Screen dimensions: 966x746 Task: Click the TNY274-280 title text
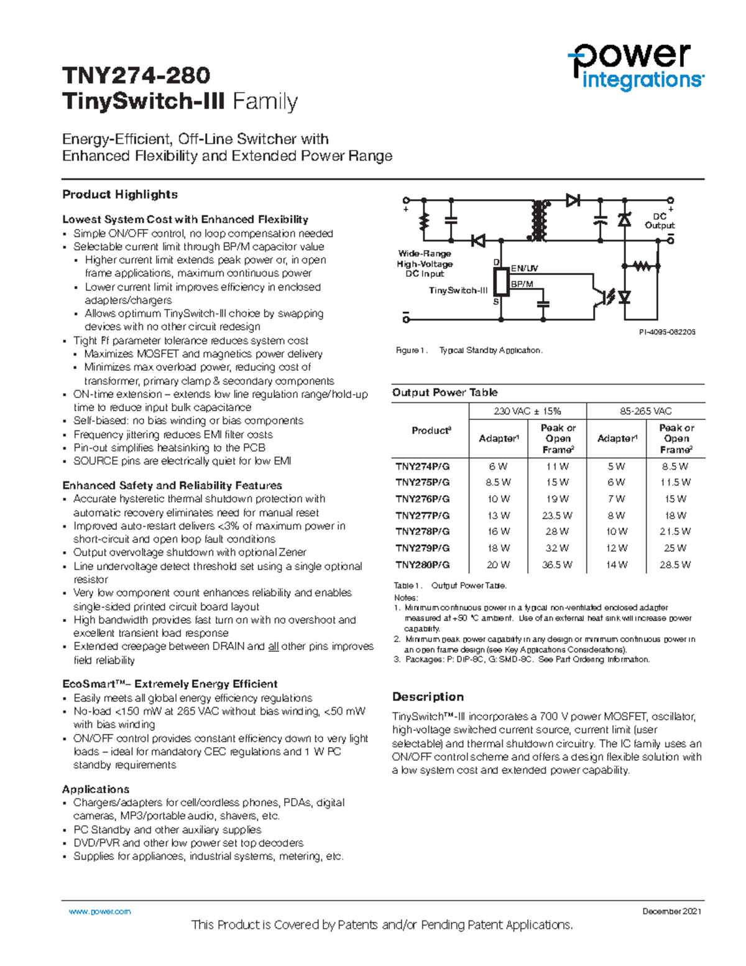(x=136, y=75)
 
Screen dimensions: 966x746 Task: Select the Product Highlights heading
(x=120, y=195)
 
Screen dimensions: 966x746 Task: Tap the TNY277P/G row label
(x=422, y=515)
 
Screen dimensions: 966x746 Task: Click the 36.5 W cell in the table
(x=557, y=565)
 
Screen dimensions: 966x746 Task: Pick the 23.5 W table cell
(x=557, y=515)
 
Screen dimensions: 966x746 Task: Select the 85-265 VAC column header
(x=645, y=411)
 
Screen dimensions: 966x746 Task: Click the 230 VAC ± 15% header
(x=527, y=411)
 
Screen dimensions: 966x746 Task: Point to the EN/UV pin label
(x=524, y=268)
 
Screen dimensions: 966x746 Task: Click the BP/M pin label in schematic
(x=522, y=284)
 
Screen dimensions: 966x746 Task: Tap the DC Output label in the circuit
(x=660, y=221)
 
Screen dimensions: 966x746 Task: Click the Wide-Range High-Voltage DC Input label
(x=425, y=264)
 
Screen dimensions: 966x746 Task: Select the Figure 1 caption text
(x=469, y=351)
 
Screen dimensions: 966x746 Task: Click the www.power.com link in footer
(x=99, y=911)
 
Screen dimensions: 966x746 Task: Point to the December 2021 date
(x=672, y=911)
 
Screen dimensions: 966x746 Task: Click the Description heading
(x=428, y=697)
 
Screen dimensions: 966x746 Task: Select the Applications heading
(x=96, y=789)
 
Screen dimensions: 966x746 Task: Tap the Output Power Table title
(x=444, y=392)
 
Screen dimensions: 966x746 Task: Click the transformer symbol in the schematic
(x=538, y=220)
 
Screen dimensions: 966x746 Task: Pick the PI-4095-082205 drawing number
(x=667, y=332)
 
